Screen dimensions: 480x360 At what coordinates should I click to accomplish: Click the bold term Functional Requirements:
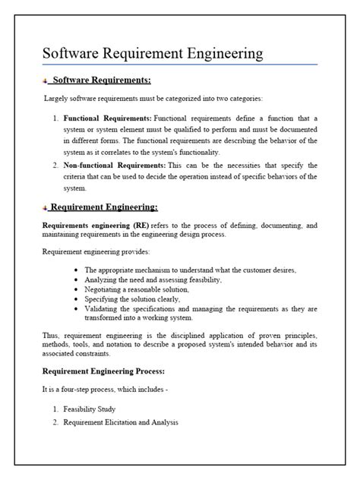107,118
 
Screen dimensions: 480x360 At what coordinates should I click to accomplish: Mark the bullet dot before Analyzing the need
77,280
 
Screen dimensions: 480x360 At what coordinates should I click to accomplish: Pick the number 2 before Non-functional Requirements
56,165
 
